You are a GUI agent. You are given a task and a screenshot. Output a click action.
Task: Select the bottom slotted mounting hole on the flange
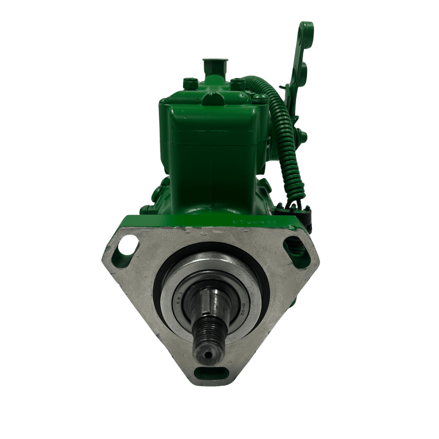[211, 373]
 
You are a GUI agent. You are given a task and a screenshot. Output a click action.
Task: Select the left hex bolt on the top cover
[189, 83]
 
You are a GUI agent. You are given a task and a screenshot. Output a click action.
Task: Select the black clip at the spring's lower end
[294, 210]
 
